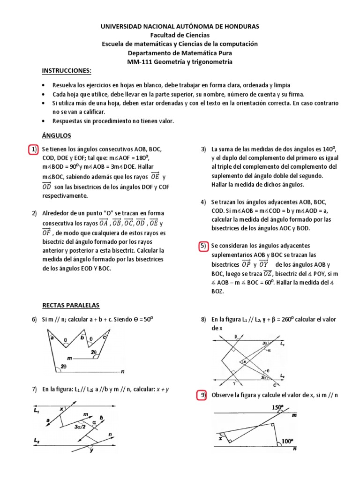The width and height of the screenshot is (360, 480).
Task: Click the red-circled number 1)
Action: (x=33, y=150)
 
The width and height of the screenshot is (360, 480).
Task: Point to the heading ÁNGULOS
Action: (x=56, y=135)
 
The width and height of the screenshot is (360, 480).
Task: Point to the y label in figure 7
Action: (x=91, y=450)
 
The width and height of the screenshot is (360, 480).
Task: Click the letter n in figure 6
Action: (x=122, y=372)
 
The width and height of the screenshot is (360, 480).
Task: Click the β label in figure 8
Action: (x=237, y=337)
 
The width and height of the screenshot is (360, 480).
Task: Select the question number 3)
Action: (x=203, y=150)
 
